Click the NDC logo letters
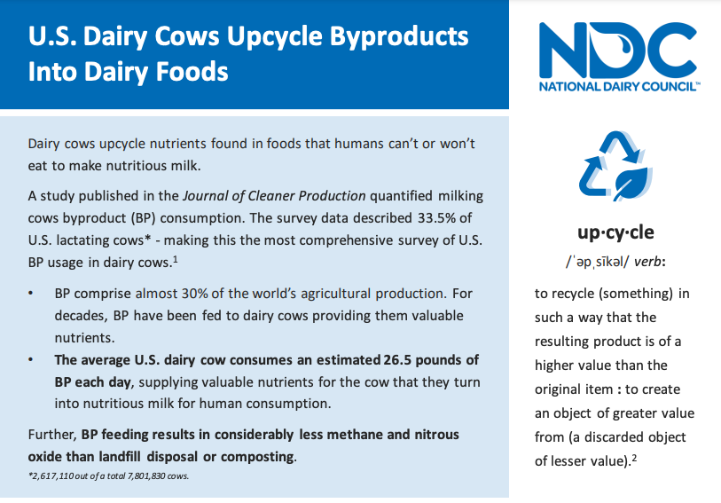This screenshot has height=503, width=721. point(617,50)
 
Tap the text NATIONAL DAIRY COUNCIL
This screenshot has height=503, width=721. point(618,86)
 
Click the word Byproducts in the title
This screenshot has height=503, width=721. point(399,37)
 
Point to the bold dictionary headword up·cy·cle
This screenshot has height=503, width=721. point(615,232)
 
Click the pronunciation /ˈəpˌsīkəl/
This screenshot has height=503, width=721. point(598,262)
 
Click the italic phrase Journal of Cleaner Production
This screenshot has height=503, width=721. point(274,196)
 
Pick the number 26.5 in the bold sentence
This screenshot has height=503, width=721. point(397,360)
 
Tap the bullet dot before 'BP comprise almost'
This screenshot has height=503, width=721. point(31,294)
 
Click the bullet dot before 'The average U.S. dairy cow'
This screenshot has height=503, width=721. point(31,359)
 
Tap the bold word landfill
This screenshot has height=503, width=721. point(121,457)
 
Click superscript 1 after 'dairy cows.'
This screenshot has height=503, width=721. point(176,260)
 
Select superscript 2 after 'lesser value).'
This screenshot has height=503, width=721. point(634,458)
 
